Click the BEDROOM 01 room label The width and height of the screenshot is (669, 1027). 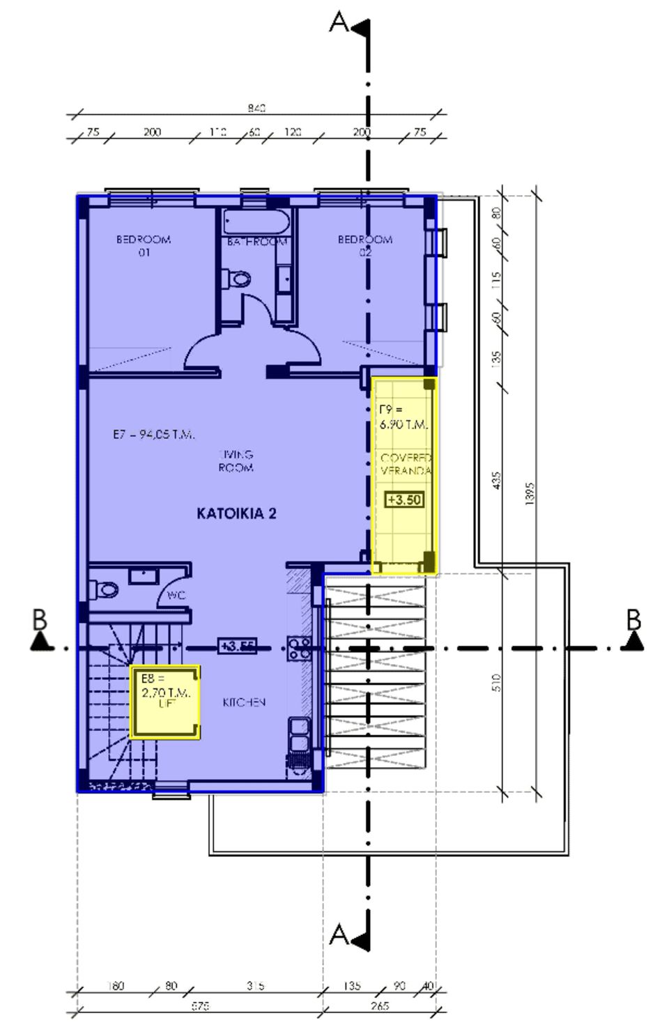point(143,245)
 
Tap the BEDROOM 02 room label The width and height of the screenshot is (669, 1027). point(364,245)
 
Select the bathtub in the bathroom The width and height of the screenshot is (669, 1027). point(256,224)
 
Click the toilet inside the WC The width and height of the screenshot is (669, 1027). point(106,589)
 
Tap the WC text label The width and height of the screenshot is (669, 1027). point(176,596)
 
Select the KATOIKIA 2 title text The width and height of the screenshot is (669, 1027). point(236,513)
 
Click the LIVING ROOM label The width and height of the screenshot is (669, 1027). point(236,461)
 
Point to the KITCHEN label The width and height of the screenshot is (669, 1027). point(244,702)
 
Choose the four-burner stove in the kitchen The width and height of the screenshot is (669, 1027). point(300,648)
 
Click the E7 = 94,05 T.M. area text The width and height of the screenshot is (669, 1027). point(153,434)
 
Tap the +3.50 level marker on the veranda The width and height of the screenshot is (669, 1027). point(404,500)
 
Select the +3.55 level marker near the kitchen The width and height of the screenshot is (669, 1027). point(236,646)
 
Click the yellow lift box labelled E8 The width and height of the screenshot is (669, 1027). point(165,701)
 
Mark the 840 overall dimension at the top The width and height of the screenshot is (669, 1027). point(256,108)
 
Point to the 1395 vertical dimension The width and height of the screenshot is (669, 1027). point(530,493)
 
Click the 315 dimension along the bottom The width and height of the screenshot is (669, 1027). point(255,986)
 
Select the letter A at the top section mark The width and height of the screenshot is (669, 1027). point(339,22)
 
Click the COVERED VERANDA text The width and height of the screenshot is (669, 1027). point(406,464)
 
